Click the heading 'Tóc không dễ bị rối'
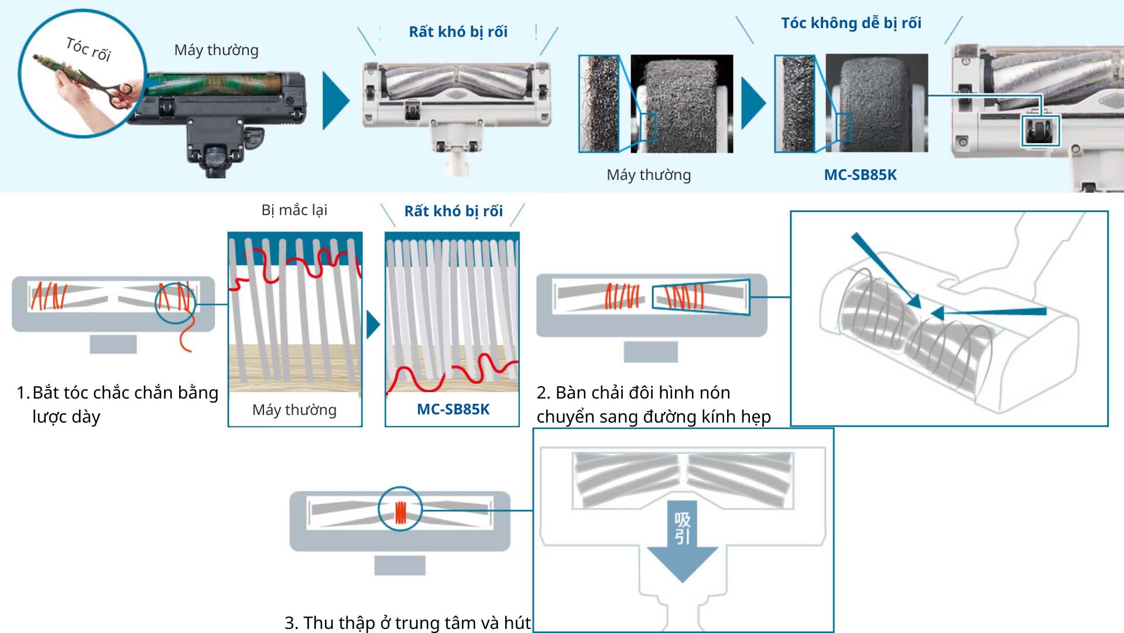(851, 23)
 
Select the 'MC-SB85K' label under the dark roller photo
(860, 175)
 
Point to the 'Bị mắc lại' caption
(294, 210)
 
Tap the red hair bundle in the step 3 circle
(400, 512)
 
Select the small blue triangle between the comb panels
(372, 325)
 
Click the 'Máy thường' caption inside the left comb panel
(294, 410)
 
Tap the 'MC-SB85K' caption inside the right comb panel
(453, 409)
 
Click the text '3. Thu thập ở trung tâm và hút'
(407, 622)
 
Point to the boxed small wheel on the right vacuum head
(1040, 131)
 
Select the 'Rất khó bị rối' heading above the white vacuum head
(458, 32)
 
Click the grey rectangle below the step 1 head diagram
(113, 344)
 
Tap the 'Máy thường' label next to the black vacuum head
(216, 50)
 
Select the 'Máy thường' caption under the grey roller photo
(649, 175)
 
